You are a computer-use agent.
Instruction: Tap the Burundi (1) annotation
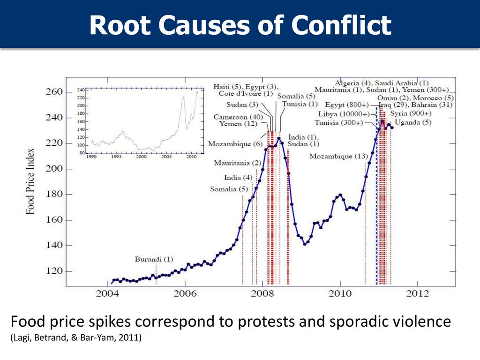[x=154, y=259]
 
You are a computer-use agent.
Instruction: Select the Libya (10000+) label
[x=340, y=114]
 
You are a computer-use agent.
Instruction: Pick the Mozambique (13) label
[x=338, y=156]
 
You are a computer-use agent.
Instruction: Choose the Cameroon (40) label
[x=238, y=117]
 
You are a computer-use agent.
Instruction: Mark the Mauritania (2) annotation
[x=238, y=163]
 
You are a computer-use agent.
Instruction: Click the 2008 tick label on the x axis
[x=262, y=294]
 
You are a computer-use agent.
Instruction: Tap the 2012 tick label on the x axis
[x=417, y=294]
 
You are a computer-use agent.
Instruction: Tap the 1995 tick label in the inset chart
[x=116, y=157]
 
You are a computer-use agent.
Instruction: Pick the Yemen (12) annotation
[x=237, y=124]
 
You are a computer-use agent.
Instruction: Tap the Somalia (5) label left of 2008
[x=229, y=189]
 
